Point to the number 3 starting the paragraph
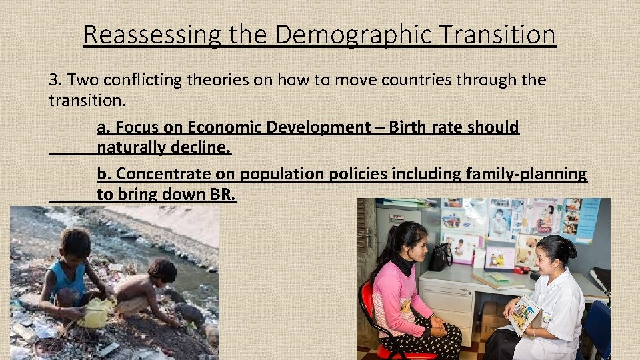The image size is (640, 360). [54, 81]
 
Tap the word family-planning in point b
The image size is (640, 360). [522, 174]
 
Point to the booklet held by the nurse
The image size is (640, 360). [525, 313]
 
